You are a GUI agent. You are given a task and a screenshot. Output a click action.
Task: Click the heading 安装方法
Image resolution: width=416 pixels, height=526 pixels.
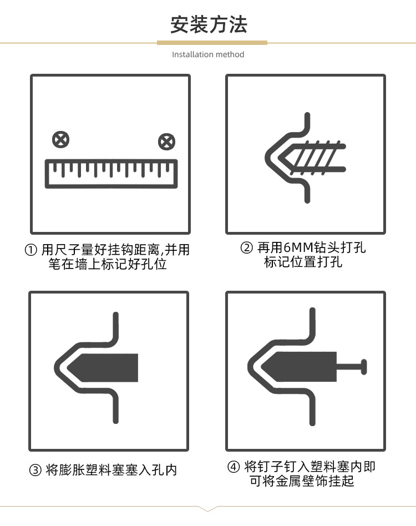tap(209, 24)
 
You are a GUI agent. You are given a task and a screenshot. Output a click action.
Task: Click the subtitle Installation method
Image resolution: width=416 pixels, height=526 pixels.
tap(208, 54)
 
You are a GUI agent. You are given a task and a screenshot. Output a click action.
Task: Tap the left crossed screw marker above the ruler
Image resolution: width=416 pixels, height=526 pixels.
tap(60, 139)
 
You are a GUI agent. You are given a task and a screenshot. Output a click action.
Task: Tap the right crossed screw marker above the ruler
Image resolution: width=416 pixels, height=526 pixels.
tap(166, 141)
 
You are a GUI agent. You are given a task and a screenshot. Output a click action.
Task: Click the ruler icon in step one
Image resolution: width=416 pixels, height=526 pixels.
tap(111, 174)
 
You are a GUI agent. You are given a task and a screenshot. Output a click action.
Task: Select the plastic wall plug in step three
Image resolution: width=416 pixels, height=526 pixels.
tap(103, 368)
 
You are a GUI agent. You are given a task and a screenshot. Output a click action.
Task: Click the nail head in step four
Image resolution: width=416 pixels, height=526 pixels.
tap(364, 367)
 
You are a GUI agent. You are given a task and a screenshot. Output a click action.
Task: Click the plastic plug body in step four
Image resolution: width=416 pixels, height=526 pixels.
tap(298, 367)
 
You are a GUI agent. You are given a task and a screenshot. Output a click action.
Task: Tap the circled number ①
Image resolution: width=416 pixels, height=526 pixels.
tap(31, 250)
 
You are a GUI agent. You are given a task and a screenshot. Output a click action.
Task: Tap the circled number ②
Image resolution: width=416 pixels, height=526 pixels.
tap(246, 248)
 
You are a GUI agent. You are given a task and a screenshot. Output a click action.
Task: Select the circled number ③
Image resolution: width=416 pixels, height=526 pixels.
tap(35, 470)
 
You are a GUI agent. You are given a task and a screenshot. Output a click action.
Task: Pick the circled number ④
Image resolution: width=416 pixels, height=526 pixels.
tap(234, 467)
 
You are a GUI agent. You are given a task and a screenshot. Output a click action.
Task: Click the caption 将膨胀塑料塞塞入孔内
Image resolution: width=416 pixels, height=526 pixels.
tap(111, 470)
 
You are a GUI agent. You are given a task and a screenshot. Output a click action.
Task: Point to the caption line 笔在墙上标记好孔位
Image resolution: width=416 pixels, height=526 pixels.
tap(108, 264)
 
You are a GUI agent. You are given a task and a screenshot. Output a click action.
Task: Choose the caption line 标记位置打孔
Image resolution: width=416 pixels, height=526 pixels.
tap(303, 262)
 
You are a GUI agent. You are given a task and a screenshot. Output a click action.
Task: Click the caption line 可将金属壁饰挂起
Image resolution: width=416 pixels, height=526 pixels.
tap(302, 481)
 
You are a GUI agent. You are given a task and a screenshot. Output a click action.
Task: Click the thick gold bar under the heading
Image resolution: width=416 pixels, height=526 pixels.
tap(212, 43)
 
